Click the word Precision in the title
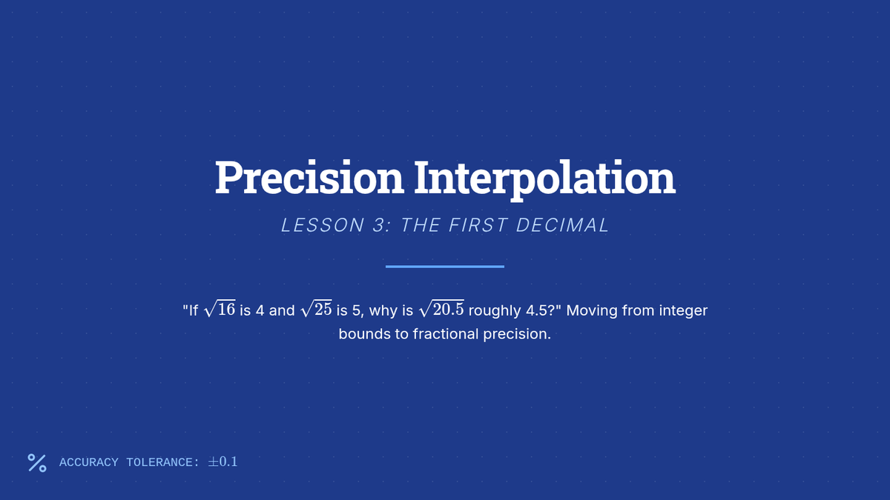click(309, 178)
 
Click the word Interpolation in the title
click(544, 179)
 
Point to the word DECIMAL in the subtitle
click(562, 225)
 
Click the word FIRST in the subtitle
click(478, 225)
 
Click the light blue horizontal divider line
click(445, 267)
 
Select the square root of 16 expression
click(220, 309)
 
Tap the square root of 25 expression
click(316, 309)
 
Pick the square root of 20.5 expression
click(441, 309)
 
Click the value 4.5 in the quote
click(537, 310)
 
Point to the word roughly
click(495, 311)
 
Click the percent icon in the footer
click(37, 463)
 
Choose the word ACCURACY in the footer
click(88, 462)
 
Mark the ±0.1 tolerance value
click(222, 461)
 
